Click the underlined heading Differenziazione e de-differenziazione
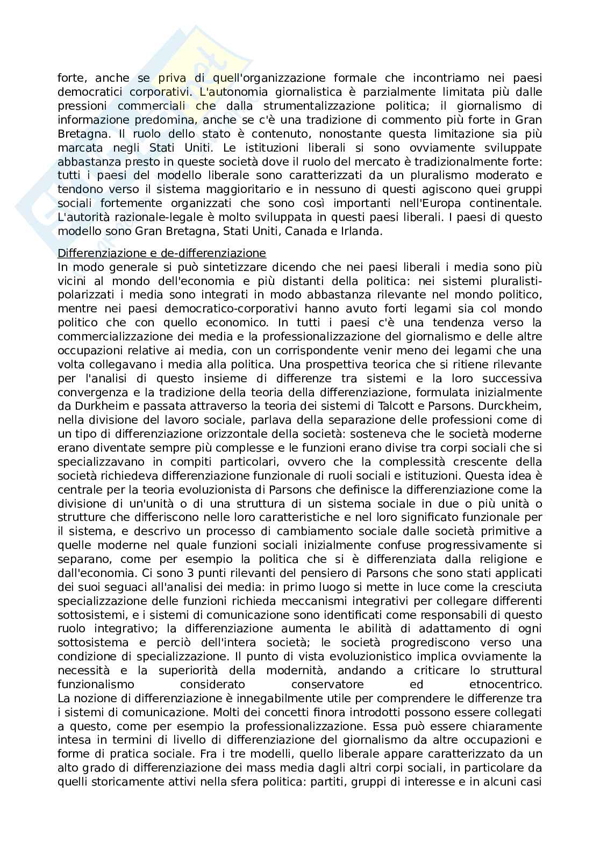pyautogui.click(x=162, y=253)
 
